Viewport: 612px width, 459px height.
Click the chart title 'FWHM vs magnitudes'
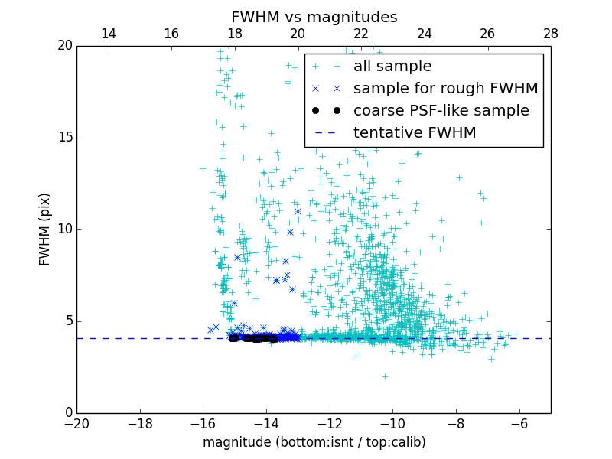[x=314, y=17]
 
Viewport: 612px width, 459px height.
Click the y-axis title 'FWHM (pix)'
[x=45, y=229]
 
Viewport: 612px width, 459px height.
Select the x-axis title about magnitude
[x=314, y=442]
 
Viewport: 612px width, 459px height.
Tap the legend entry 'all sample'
[x=392, y=67]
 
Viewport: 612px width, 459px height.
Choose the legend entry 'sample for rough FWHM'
[x=445, y=88]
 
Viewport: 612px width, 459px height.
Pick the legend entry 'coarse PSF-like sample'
[x=441, y=110]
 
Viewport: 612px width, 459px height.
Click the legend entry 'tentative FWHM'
[x=415, y=132]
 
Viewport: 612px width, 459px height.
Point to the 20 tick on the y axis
[x=63, y=46]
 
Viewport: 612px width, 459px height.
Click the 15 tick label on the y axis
[x=63, y=138]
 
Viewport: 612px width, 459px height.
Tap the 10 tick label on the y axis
[x=63, y=229]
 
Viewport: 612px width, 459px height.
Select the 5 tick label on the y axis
[x=67, y=321]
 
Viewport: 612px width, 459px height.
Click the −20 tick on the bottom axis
[x=76, y=424]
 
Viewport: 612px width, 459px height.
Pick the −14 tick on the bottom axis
[x=266, y=424]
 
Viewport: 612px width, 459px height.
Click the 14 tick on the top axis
[x=109, y=34]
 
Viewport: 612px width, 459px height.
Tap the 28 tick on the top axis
[x=550, y=34]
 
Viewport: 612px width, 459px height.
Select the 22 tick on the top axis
[x=361, y=34]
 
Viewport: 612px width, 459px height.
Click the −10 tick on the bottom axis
[x=392, y=424]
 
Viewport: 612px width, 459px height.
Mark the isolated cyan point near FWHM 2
[x=385, y=376]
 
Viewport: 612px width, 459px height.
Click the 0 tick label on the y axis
[x=67, y=413]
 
